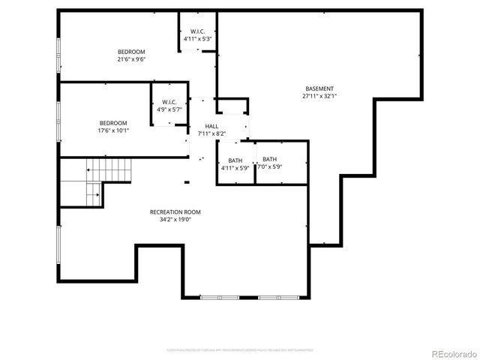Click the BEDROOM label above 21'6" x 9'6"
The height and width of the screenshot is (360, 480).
[130, 51]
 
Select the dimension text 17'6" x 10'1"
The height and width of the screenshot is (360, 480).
[113, 130]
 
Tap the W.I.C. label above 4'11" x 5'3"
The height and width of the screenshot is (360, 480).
[198, 31]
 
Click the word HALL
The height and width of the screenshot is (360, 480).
[211, 126]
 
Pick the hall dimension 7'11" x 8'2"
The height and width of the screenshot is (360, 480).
[211, 133]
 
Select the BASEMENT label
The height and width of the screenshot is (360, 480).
[319, 88]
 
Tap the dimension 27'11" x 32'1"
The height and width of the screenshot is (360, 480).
[319, 95]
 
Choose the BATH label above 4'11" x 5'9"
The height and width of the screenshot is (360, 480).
[235, 160]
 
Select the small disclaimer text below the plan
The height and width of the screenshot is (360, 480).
[239, 349]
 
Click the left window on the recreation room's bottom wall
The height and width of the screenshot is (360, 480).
[220, 298]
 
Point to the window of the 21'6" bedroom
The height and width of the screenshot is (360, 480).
[59, 52]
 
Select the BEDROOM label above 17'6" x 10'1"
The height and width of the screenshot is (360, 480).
[113, 123]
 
